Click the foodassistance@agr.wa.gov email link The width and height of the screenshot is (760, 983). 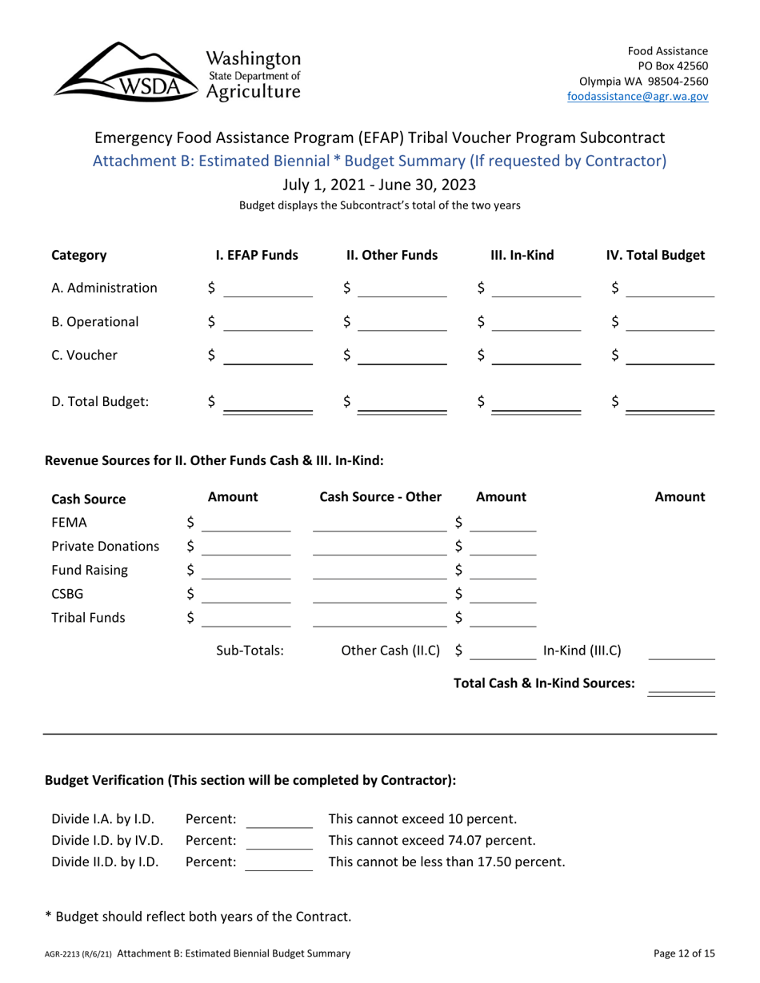point(637,96)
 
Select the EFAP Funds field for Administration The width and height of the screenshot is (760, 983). point(267,289)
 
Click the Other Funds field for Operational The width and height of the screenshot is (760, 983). point(402,322)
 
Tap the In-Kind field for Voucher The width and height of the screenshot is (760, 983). point(536,356)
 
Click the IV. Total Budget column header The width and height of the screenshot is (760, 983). point(655,256)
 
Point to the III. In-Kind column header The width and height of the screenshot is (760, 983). point(522,256)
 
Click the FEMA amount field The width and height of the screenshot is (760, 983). point(246,523)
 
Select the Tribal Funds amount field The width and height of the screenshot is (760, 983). point(246,618)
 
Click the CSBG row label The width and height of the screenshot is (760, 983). point(69,594)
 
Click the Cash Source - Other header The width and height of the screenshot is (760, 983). point(380,497)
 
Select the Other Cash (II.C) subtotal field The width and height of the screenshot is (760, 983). point(502,651)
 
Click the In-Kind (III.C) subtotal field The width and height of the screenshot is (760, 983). point(681,651)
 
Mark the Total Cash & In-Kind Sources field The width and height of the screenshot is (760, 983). point(681,684)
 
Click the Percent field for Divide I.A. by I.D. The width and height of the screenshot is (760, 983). point(278,818)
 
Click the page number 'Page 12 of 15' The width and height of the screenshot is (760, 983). point(683,953)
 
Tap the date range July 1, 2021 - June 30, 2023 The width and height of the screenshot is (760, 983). point(380,185)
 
